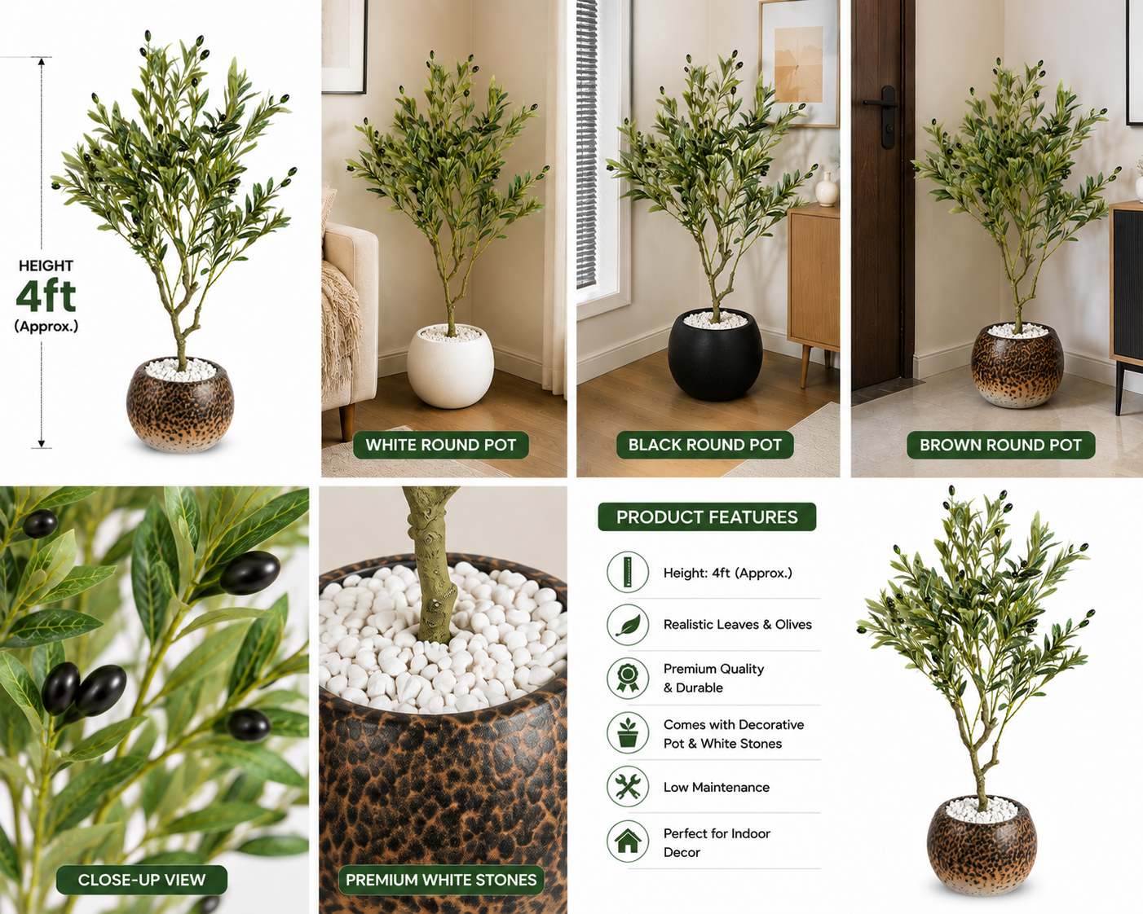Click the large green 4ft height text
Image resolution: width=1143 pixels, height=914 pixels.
pyautogui.click(x=46, y=295)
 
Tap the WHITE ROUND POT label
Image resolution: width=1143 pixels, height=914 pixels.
pyautogui.click(x=441, y=445)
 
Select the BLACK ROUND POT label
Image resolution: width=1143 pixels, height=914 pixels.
pyautogui.click(x=705, y=445)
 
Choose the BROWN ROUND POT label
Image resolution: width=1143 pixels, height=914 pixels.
pyautogui.click(x=1000, y=445)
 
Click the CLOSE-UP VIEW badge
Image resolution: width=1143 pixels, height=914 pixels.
pyautogui.click(x=141, y=880)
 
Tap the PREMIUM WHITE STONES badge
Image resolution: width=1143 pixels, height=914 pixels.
pyautogui.click(x=441, y=880)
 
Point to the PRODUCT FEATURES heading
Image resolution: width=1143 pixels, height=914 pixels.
pyautogui.click(x=707, y=517)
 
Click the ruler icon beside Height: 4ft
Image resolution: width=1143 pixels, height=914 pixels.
pyautogui.click(x=628, y=572)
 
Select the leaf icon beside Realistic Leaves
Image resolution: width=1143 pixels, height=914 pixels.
pyautogui.click(x=628, y=624)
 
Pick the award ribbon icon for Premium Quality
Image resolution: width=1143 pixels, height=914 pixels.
pyautogui.click(x=628, y=678)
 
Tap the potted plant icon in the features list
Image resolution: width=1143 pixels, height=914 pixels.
pyautogui.click(x=628, y=733)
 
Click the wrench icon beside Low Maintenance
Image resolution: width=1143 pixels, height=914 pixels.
pyautogui.click(x=628, y=787)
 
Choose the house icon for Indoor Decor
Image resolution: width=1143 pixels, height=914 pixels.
pyautogui.click(x=628, y=841)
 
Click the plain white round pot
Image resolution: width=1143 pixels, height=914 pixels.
pyautogui.click(x=450, y=367)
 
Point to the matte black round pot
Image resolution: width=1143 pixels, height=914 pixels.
pyautogui.click(x=715, y=356)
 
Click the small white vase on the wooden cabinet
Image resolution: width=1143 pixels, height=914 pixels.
pyautogui.click(x=827, y=189)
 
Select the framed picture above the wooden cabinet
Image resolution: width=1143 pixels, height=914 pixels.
pyautogui.click(x=799, y=63)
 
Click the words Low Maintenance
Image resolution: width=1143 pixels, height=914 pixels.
pyautogui.click(x=716, y=787)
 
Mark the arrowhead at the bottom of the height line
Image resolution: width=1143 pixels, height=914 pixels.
pyautogui.click(x=42, y=444)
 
